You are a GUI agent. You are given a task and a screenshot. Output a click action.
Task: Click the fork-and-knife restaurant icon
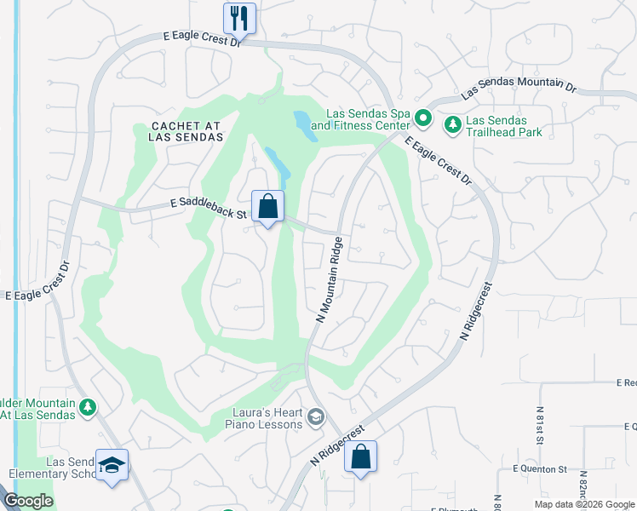click(x=239, y=18)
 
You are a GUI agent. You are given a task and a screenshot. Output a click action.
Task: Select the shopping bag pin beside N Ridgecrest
click(x=361, y=456)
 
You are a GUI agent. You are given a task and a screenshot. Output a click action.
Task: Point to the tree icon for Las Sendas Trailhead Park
click(x=453, y=125)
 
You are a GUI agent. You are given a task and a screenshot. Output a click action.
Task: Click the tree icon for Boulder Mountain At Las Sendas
click(x=87, y=408)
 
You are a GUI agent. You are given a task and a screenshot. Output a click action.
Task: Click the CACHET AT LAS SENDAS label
click(x=187, y=131)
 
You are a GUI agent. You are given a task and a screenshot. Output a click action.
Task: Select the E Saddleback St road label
click(x=208, y=204)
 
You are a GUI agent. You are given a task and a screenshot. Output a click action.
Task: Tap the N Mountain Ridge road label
click(x=332, y=278)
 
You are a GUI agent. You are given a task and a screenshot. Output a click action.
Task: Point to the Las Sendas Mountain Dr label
click(x=519, y=87)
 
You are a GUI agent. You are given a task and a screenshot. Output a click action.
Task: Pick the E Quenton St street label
click(x=540, y=469)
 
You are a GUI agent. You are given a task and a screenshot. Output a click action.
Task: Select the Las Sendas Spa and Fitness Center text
click(x=360, y=119)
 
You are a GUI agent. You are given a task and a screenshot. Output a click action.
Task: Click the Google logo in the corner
click(x=27, y=501)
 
